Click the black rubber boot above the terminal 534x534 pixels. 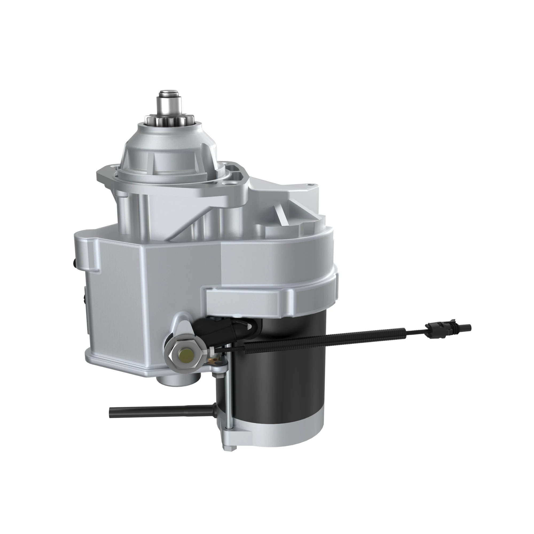click(x=218, y=329)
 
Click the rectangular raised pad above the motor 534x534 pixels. click(x=243, y=299)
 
